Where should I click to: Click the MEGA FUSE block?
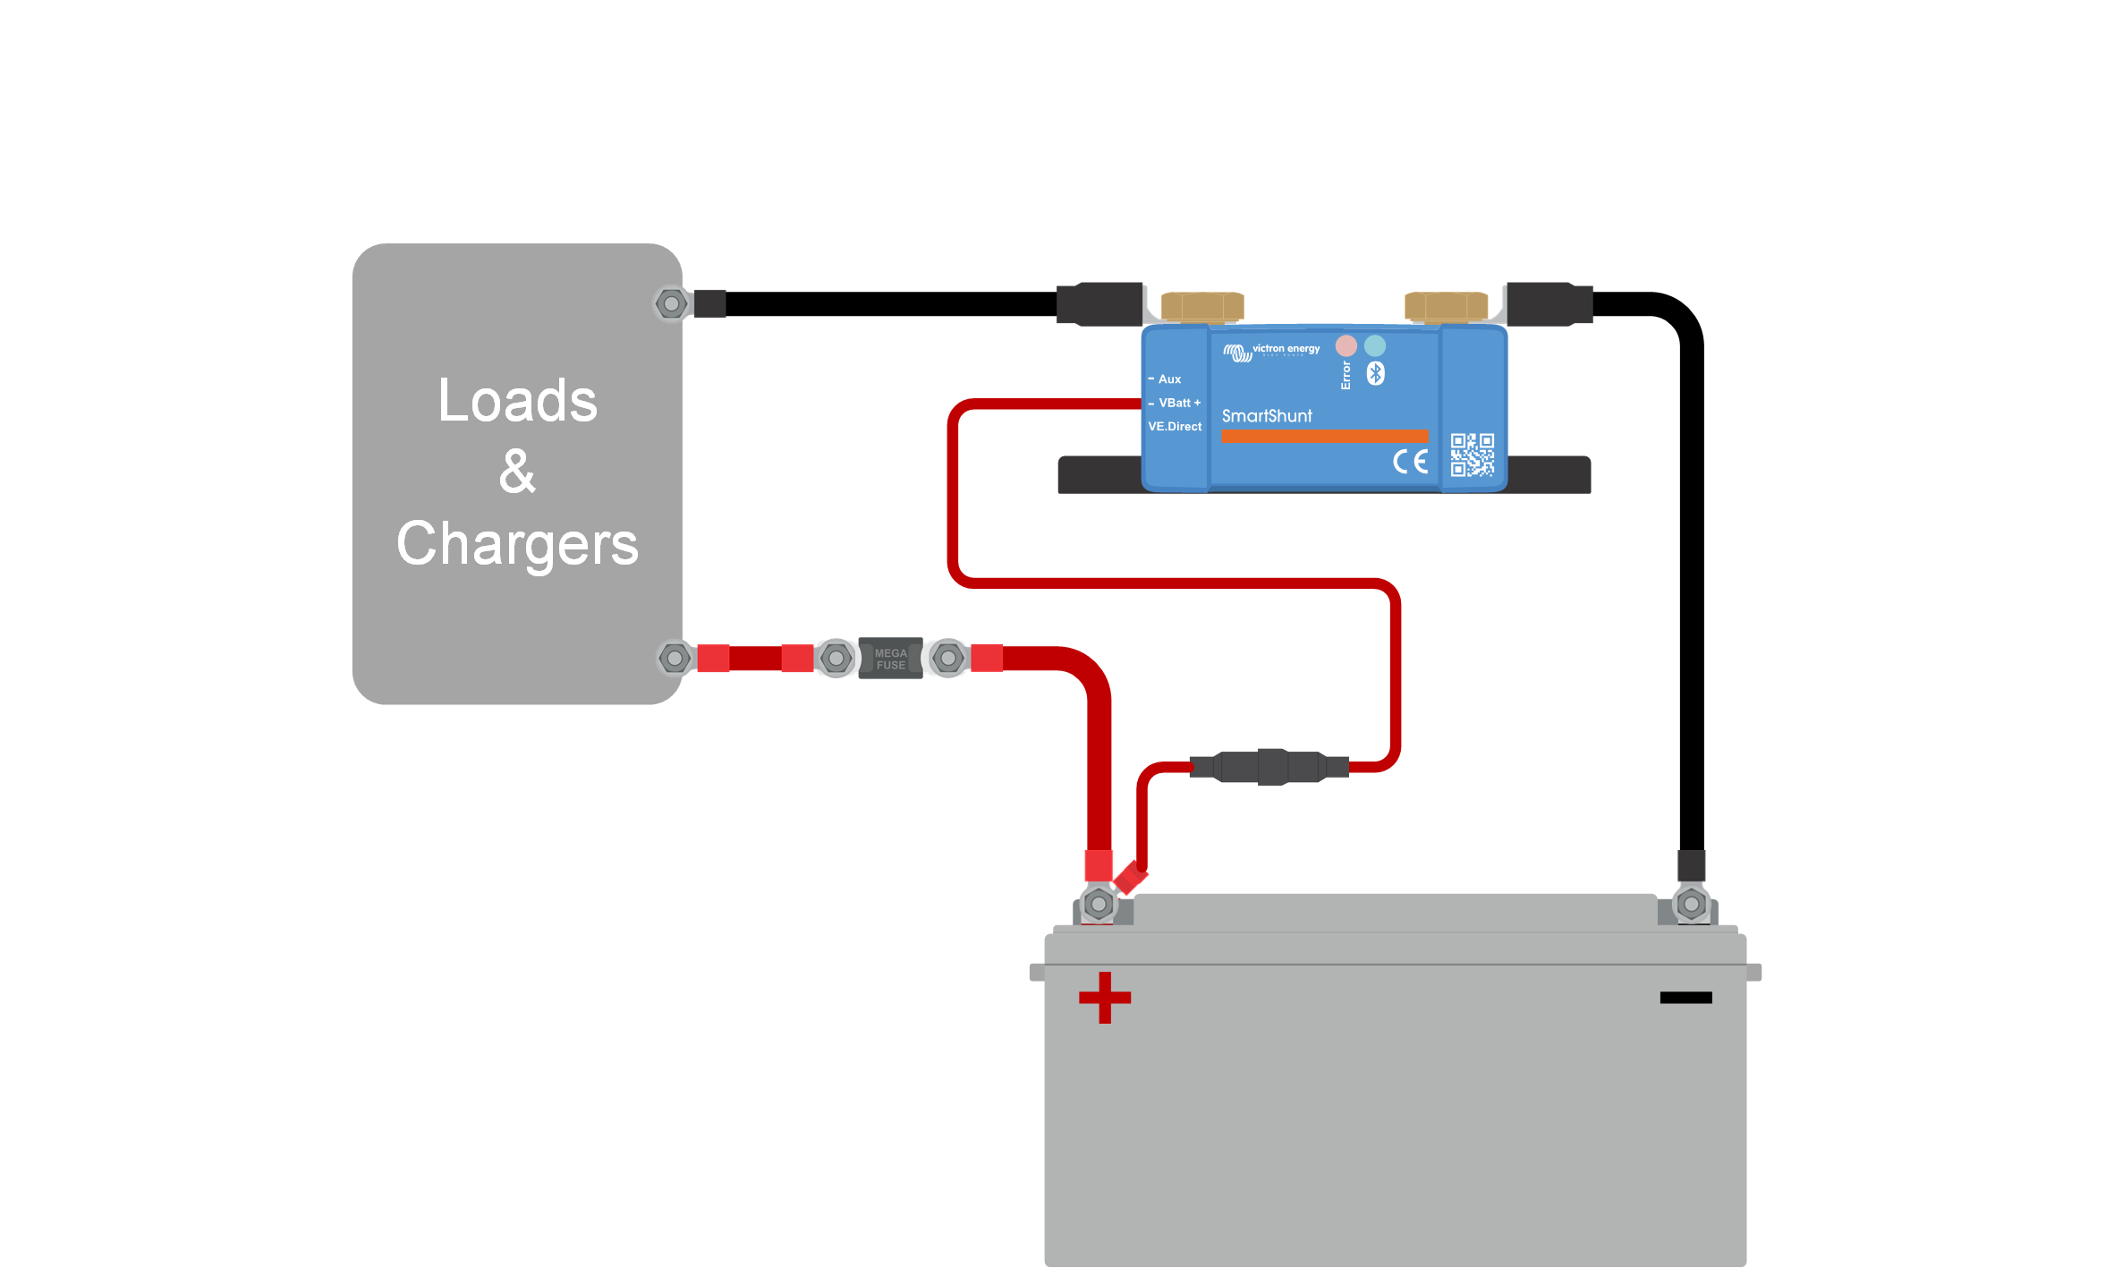pyautogui.click(x=890, y=659)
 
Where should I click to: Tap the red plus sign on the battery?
pyautogui.click(x=1105, y=997)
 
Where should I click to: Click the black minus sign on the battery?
pyautogui.click(x=1685, y=997)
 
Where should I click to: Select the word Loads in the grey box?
pyautogui.click(x=517, y=400)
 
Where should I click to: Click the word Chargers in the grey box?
pyautogui.click(x=517, y=544)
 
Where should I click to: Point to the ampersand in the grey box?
pyautogui.click(x=517, y=472)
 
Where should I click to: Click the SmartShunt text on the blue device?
pyautogui.click(x=1267, y=416)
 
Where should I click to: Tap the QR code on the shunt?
pyautogui.click(x=1472, y=455)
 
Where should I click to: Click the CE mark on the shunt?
pyautogui.click(x=1410, y=462)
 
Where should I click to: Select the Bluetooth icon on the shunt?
pyautogui.click(x=1376, y=373)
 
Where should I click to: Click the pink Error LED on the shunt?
pyautogui.click(x=1346, y=345)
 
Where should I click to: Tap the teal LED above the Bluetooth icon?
pyautogui.click(x=1375, y=345)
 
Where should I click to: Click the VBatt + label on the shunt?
pyautogui.click(x=1179, y=403)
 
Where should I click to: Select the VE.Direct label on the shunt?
pyautogui.click(x=1175, y=427)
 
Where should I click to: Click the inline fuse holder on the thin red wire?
pyautogui.click(x=1270, y=767)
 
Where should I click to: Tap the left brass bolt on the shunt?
pyautogui.click(x=1201, y=307)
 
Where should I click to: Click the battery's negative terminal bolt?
pyautogui.click(x=1691, y=904)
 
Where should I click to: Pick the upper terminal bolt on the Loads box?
pyautogui.click(x=671, y=303)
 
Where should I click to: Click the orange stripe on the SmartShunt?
pyautogui.click(x=1324, y=437)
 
